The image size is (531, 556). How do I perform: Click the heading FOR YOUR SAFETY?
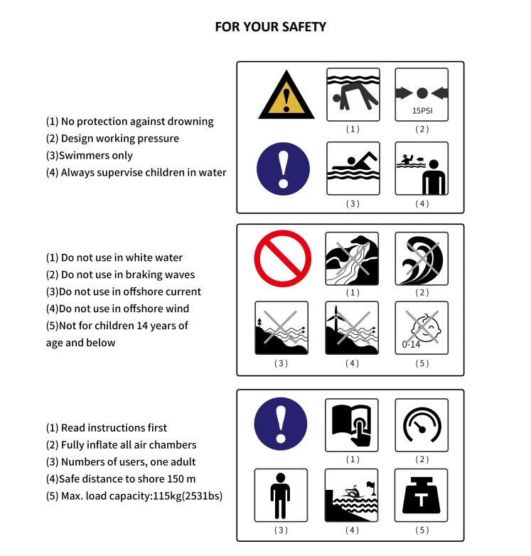pyautogui.click(x=270, y=27)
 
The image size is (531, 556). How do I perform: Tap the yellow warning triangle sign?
pyautogui.click(x=286, y=95)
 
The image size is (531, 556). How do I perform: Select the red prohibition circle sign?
pyautogui.click(x=282, y=259)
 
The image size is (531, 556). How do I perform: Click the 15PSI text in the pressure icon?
pyautogui.click(x=422, y=111)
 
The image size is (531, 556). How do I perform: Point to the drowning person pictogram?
pyautogui.click(x=353, y=95)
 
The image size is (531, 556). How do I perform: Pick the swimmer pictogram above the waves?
pyautogui.click(x=353, y=169)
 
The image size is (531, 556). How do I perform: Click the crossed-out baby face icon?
pyautogui.click(x=422, y=328)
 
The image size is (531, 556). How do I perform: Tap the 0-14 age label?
pyautogui.click(x=411, y=344)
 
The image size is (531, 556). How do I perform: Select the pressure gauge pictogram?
pyautogui.click(x=422, y=425)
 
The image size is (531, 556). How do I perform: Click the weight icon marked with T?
pyautogui.click(x=421, y=496)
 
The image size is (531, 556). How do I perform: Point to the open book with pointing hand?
pyautogui.click(x=352, y=425)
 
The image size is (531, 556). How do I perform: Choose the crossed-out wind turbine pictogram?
pyautogui.click(x=352, y=328)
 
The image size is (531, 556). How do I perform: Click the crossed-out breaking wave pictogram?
pyautogui.click(x=422, y=259)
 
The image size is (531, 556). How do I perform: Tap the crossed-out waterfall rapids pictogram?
pyautogui.click(x=352, y=259)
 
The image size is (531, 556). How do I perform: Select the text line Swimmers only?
pyautogui.click(x=90, y=155)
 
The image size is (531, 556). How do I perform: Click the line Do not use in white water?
pyautogui.click(x=114, y=257)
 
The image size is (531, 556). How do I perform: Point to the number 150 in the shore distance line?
pyautogui.click(x=176, y=479)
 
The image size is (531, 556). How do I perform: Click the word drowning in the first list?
pyautogui.click(x=191, y=122)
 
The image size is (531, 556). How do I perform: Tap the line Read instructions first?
pyautogui.click(x=107, y=427)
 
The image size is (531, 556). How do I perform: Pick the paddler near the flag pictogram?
pyautogui.click(x=351, y=496)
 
